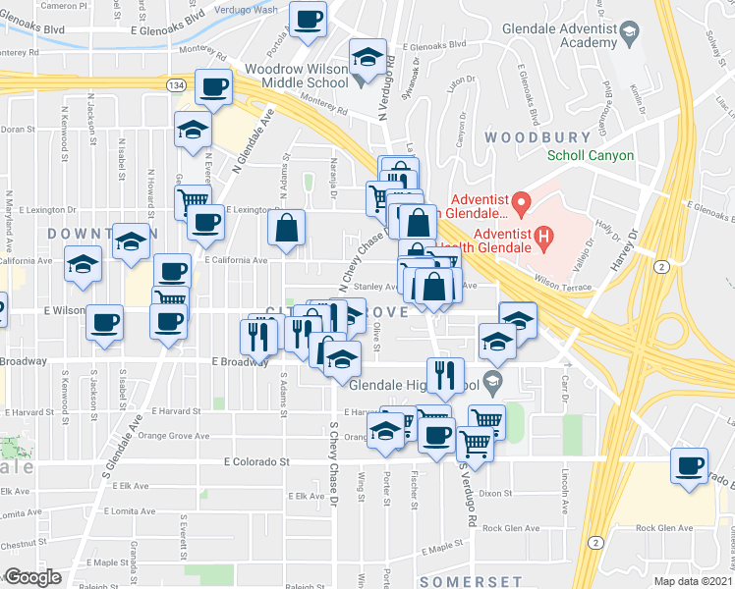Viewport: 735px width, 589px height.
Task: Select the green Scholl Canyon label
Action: pyautogui.click(x=591, y=155)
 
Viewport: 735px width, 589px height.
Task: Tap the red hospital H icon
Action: pyautogui.click(x=540, y=235)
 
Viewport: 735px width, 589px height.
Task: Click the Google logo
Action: pyautogui.click(x=32, y=577)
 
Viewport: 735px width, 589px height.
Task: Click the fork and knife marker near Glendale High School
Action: pyautogui.click(x=446, y=375)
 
